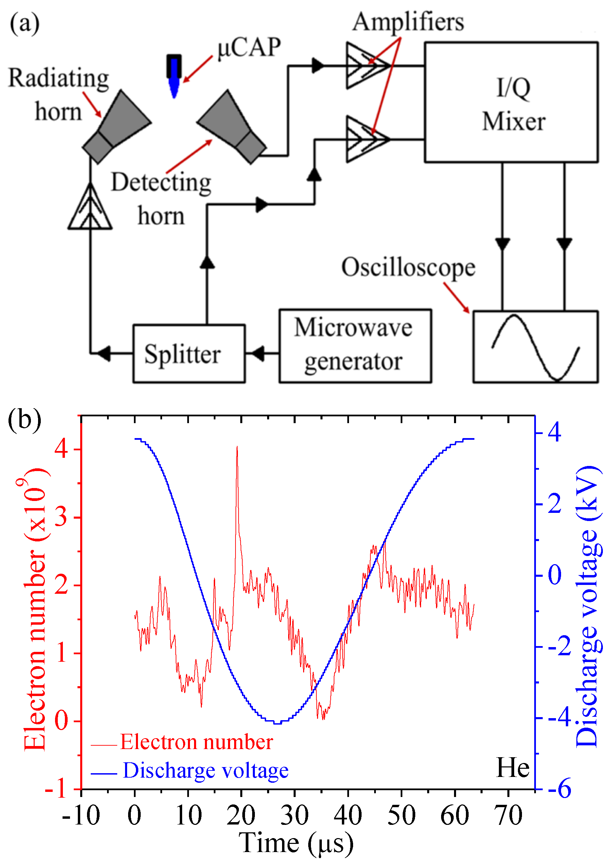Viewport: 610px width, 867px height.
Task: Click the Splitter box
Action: coord(189,353)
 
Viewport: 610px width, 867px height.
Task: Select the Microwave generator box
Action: coord(355,346)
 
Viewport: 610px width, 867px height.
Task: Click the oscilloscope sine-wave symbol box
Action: coord(535,347)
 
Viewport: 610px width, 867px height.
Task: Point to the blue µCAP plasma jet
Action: coord(174,81)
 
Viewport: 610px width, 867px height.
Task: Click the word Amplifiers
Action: coord(408,22)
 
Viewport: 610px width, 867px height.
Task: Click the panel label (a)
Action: coord(24,23)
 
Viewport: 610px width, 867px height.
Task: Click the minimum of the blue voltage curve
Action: coord(277,723)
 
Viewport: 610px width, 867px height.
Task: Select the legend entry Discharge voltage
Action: coord(206,770)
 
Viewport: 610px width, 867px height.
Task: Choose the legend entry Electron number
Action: coord(196,742)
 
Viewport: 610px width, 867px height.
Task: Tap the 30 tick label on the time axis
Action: coord(294,816)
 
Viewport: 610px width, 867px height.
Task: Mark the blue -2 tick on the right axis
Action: coord(559,646)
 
